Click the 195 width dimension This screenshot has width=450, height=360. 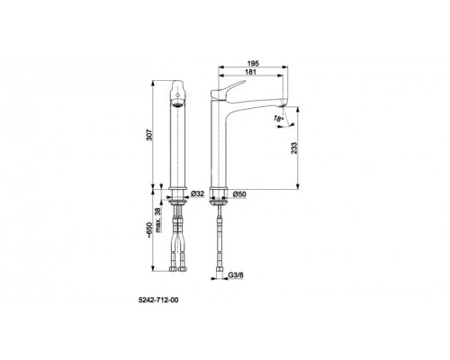coord(253,63)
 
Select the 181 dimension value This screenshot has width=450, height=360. coord(250,72)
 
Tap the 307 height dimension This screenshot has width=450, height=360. coord(151,135)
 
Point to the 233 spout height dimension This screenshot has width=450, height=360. coord(294,148)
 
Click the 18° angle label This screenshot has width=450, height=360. coord(278,119)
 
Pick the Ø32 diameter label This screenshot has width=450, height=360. coord(198,193)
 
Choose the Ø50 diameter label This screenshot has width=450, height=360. coord(239,194)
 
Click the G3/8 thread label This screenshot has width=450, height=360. coord(236,274)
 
